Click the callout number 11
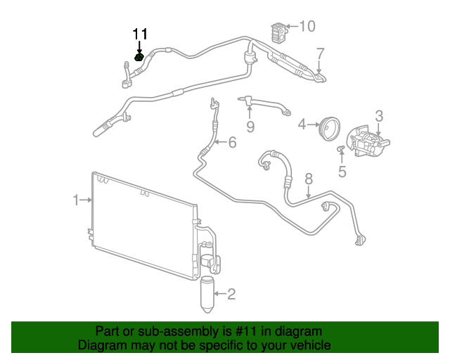tap(141, 34)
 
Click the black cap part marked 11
tap(139, 56)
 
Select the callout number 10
tap(307, 27)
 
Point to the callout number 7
tap(320, 53)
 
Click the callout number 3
tap(378, 116)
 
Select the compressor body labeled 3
tap(368, 144)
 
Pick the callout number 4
tap(302, 125)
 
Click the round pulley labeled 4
tap(328, 131)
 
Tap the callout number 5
tap(342, 171)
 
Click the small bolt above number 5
tap(340, 148)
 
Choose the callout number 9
tap(250, 127)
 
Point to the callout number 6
tap(231, 143)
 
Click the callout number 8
tap(308, 181)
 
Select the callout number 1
tap(76, 201)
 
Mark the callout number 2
tap(231, 295)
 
